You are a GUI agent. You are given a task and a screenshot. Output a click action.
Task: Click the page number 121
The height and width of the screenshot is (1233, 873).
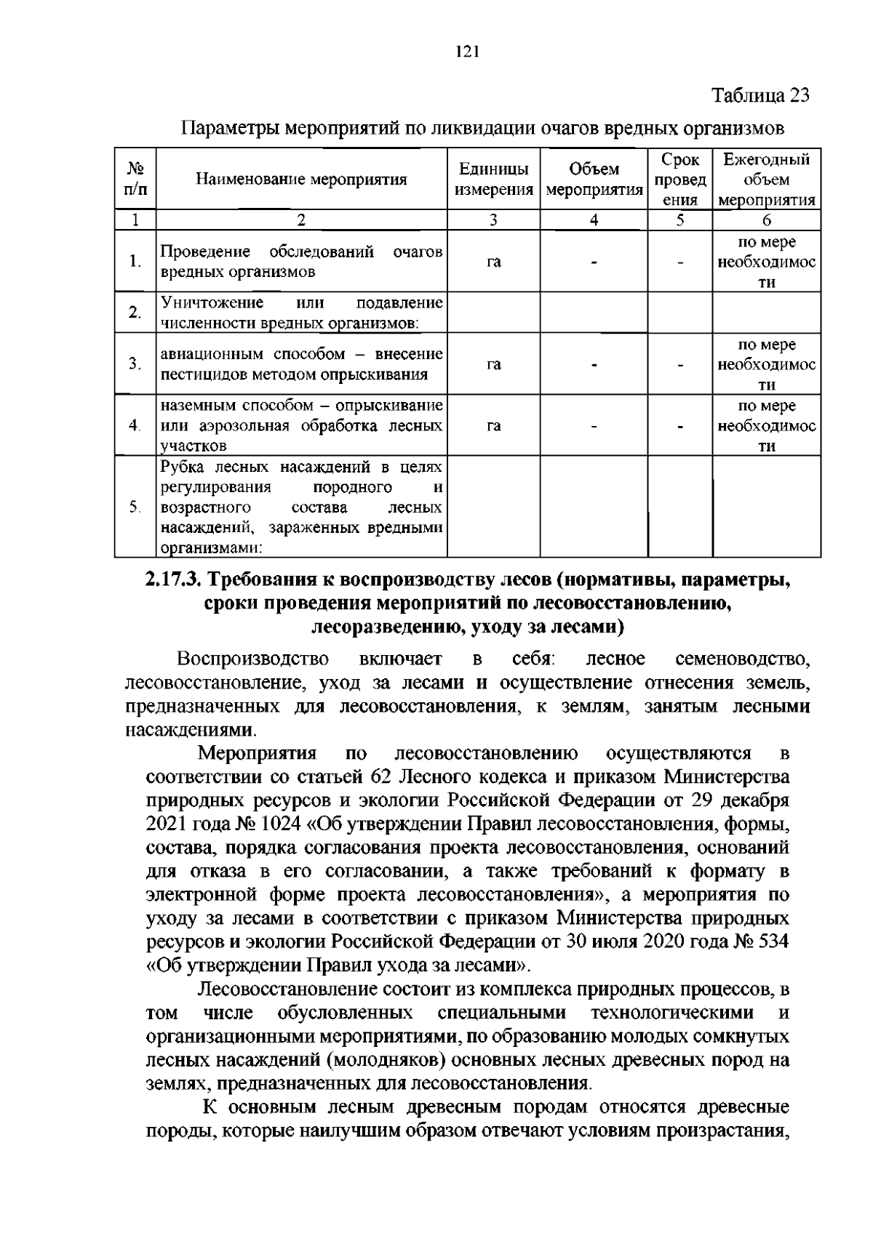(x=466, y=52)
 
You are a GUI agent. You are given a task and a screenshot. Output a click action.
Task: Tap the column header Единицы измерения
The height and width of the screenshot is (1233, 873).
(x=493, y=180)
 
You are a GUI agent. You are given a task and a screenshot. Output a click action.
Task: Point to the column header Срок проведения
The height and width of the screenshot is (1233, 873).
(x=680, y=180)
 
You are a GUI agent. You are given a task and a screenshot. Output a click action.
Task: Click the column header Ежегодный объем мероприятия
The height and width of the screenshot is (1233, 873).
(x=767, y=180)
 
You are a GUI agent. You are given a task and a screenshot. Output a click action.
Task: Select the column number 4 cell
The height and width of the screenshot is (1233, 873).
(x=594, y=220)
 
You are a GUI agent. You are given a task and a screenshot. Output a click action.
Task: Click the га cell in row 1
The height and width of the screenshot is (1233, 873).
(x=493, y=262)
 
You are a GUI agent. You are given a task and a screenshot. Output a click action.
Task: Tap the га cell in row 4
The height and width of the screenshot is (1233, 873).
(x=493, y=425)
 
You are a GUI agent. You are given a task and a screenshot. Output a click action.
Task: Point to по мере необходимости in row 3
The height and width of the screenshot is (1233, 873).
(x=767, y=364)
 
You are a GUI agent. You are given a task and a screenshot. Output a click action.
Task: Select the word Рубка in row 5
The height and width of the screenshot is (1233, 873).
(x=180, y=466)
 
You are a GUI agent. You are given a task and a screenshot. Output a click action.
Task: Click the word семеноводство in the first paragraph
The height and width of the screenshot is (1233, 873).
(x=742, y=659)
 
